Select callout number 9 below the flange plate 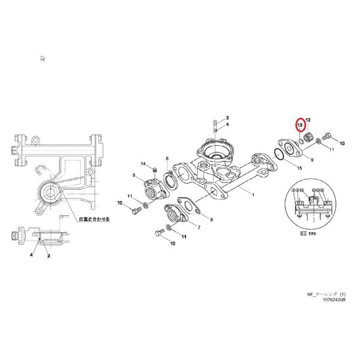(312, 160)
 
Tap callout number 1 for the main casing (253, 195)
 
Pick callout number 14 (143, 164)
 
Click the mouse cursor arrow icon (43, 58)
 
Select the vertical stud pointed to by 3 (214, 128)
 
